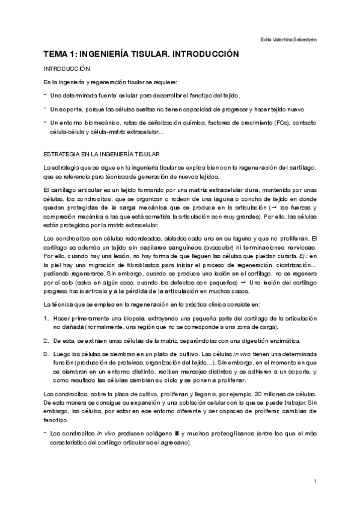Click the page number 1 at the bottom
tap(315, 481)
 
